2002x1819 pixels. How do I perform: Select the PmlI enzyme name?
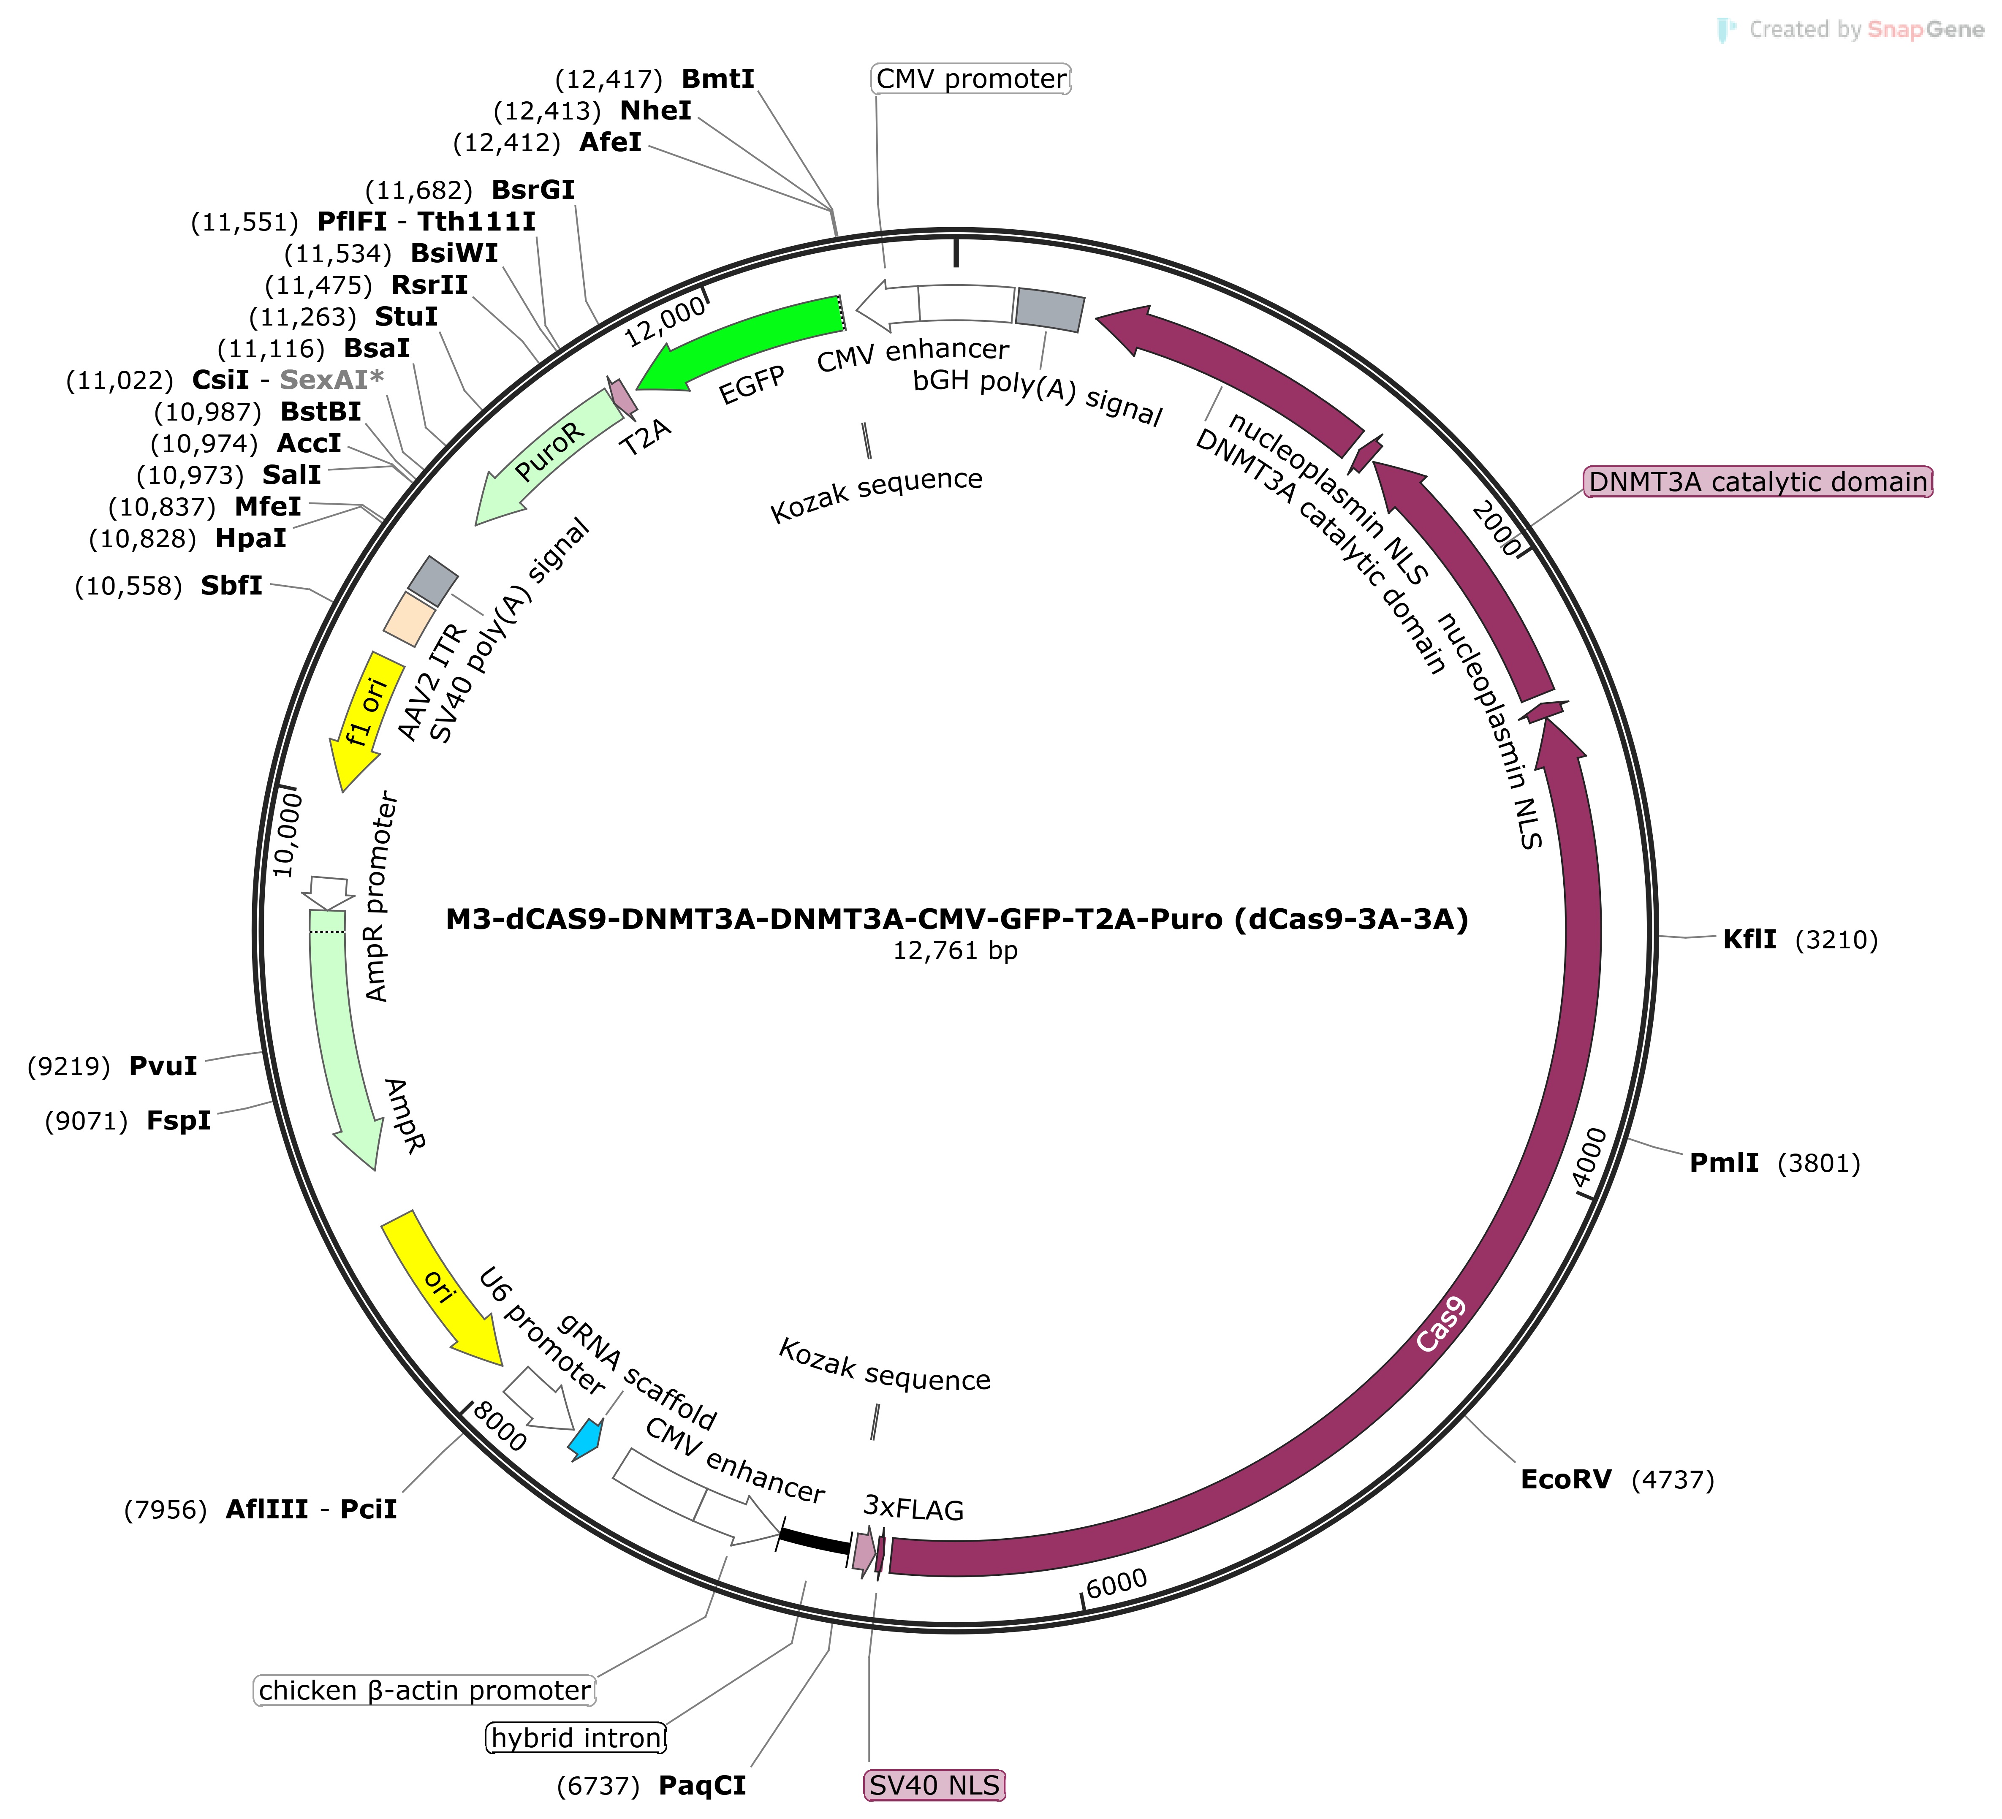[1724, 1163]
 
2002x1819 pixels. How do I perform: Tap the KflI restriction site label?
[1750, 939]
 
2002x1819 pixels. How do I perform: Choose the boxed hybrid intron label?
[576, 1738]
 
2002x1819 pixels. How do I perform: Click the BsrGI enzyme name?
[533, 190]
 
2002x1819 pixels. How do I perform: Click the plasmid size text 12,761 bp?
[955, 951]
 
